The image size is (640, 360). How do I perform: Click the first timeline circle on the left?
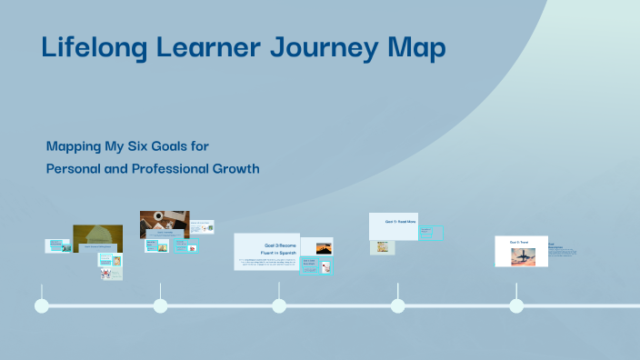pos(41,305)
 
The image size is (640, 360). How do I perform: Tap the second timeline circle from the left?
pos(160,305)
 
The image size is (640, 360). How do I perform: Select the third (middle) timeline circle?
pos(279,305)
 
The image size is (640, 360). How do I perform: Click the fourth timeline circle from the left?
pos(397,305)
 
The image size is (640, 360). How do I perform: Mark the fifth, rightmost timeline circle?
pos(516,305)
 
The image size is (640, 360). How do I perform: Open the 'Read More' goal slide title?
pos(400,221)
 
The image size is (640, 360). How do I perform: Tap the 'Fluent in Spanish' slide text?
pos(280,252)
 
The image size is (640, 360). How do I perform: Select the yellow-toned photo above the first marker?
pos(97,236)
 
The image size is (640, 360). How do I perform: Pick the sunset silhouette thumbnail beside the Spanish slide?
pos(324,247)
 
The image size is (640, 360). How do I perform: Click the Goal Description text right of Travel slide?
pos(556,246)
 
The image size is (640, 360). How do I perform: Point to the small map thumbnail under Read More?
pos(382,247)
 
